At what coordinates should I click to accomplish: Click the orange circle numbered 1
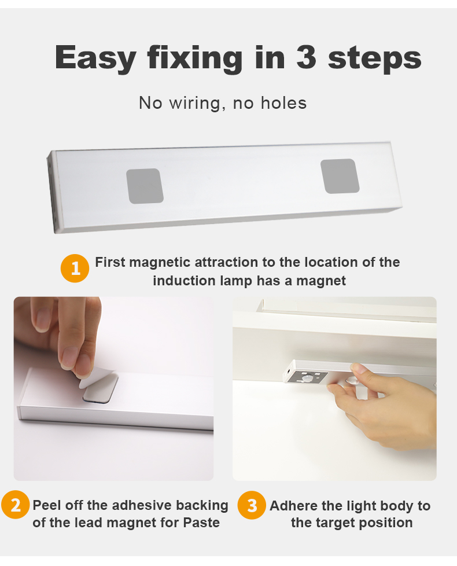[75, 268]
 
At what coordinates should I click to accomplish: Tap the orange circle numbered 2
[15, 505]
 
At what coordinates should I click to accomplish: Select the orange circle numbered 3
[252, 505]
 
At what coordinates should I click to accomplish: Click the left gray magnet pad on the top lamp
[145, 186]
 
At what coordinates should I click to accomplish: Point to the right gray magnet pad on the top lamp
[340, 176]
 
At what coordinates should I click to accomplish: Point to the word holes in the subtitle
[283, 103]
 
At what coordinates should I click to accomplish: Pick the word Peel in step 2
[46, 505]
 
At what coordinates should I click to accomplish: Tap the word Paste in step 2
[202, 523]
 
